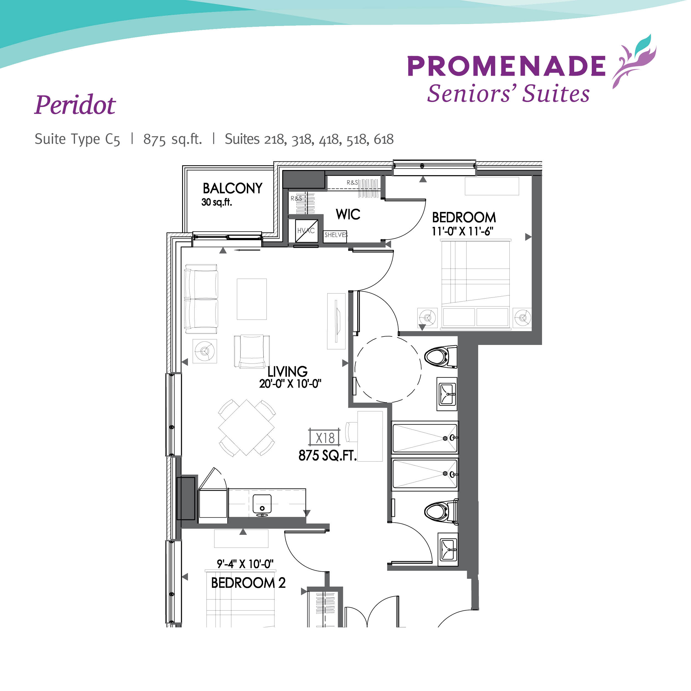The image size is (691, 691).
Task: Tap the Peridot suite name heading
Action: pyautogui.click(x=75, y=105)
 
